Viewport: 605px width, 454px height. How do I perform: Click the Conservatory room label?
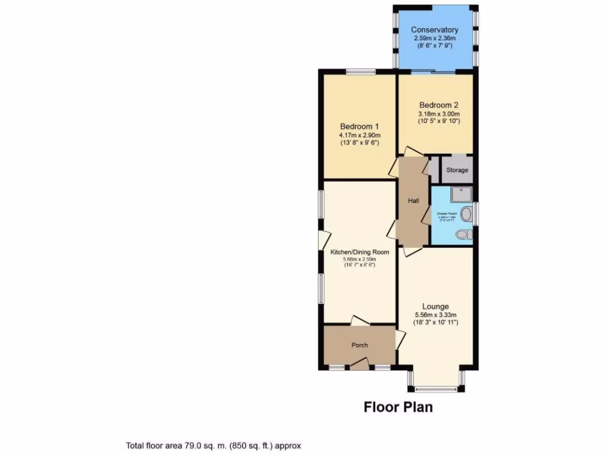[435, 30]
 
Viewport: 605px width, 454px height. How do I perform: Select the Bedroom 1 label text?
[359, 127]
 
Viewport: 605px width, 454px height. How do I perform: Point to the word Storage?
[457, 170]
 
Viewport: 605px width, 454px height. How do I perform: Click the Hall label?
[414, 201]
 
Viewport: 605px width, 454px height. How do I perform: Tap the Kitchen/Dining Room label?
[359, 251]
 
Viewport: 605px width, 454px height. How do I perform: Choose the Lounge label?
[435, 306]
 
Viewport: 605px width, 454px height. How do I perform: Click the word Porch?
[360, 345]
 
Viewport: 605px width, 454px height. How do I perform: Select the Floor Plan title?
[398, 407]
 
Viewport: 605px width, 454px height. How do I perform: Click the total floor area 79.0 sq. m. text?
[214, 446]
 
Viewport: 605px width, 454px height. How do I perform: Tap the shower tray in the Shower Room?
[458, 194]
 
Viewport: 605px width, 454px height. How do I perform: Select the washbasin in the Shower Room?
[467, 213]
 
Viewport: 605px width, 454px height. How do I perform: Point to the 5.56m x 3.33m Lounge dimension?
[436, 314]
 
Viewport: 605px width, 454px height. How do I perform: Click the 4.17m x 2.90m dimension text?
[359, 135]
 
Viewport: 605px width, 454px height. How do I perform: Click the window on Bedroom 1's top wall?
[360, 72]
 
